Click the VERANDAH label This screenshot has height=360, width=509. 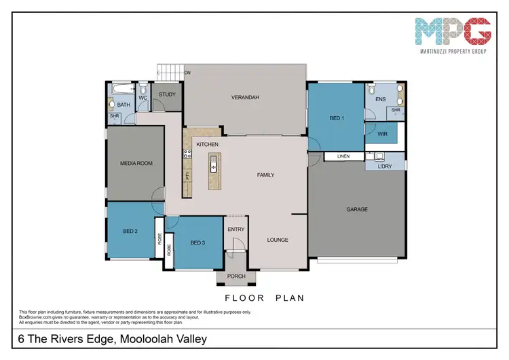point(245,98)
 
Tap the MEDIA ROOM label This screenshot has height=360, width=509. point(135,163)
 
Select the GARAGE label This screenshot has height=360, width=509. point(357,209)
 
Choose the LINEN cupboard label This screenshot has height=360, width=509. point(343,156)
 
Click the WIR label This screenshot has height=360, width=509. point(382,134)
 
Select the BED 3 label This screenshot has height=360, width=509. point(198,242)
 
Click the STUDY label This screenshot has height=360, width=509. point(168,94)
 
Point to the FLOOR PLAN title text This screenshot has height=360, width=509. point(264,298)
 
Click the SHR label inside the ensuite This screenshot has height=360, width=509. point(395,110)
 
